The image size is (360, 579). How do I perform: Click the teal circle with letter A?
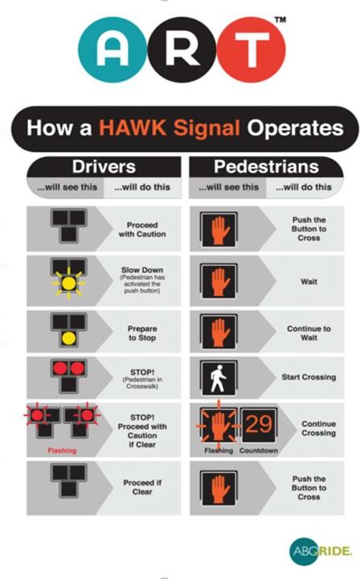(x=112, y=50)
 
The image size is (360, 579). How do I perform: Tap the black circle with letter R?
(x=182, y=50)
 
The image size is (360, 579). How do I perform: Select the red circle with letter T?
(x=252, y=50)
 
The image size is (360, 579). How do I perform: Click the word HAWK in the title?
(x=133, y=128)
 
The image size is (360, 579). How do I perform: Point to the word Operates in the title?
(x=295, y=128)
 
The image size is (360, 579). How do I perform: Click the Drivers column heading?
(x=104, y=166)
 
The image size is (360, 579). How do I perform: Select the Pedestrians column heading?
(x=266, y=166)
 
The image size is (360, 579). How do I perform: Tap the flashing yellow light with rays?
(x=68, y=284)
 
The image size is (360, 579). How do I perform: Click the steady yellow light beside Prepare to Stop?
(x=68, y=338)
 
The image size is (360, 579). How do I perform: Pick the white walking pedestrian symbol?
(x=219, y=379)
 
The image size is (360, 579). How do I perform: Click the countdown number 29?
(x=259, y=424)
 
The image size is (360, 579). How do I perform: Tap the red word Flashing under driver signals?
(x=62, y=450)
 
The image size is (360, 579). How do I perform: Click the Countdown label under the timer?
(x=259, y=450)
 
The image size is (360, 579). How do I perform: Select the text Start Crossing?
(x=309, y=377)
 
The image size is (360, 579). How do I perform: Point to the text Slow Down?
(x=142, y=270)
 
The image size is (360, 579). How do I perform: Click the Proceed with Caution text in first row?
(x=142, y=229)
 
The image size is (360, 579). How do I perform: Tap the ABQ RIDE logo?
(x=320, y=552)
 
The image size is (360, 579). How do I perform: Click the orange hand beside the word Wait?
(x=219, y=281)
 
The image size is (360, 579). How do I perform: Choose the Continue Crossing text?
(x=319, y=429)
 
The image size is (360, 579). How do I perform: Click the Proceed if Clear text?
(x=142, y=487)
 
